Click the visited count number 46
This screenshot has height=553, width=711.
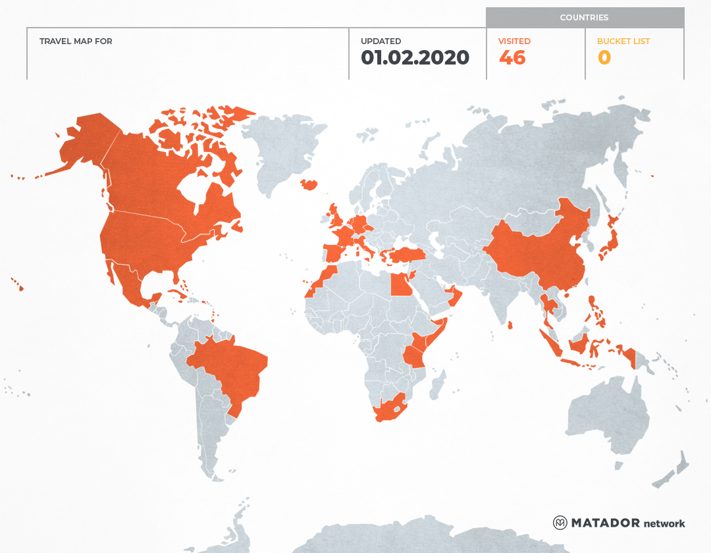512,58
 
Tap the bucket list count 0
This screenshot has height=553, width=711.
604,58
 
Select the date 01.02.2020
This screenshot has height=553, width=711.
415,58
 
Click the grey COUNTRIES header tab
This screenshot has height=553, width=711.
585,18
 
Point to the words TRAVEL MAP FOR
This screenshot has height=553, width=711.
76,41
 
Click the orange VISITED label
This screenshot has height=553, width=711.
514,41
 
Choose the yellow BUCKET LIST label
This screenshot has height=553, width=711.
623,41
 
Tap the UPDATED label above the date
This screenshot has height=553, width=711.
381,41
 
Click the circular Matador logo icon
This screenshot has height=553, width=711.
560,523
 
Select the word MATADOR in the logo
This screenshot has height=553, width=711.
605,523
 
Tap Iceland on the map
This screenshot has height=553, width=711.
308,184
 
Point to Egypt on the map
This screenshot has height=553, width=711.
400,285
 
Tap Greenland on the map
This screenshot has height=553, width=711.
283,151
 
